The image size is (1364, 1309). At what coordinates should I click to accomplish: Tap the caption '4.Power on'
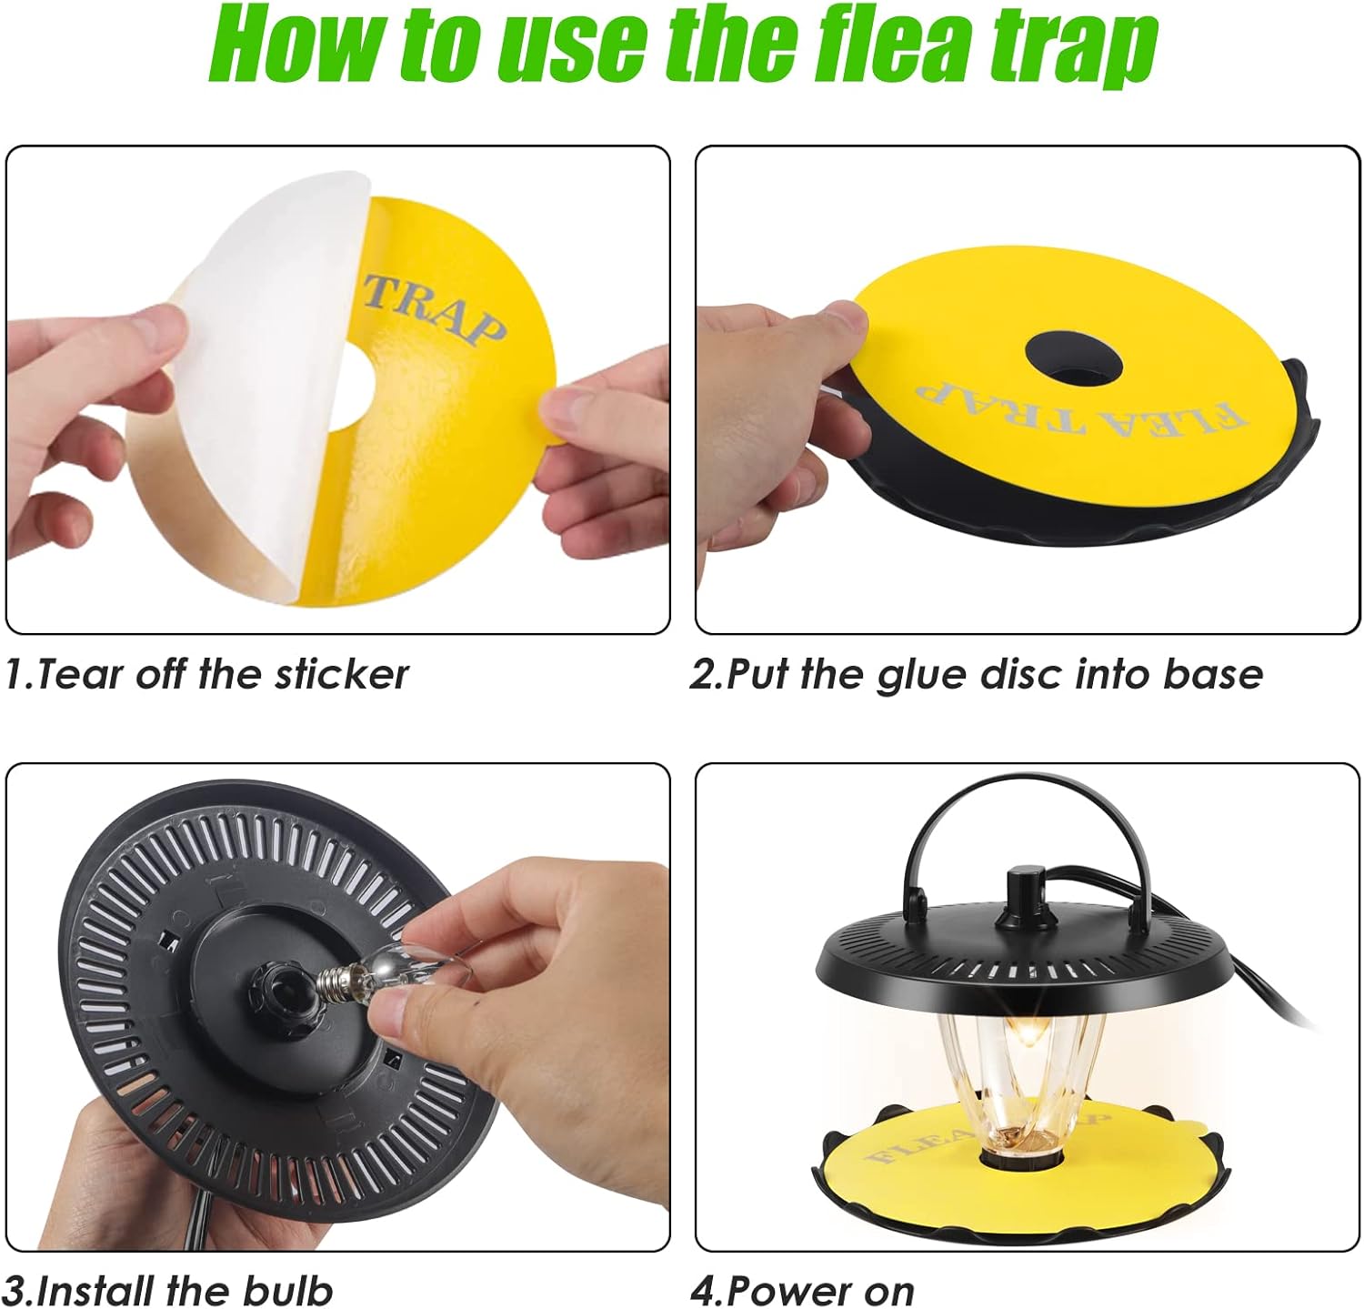click(x=802, y=1291)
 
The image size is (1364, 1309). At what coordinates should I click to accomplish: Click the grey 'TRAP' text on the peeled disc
click(x=435, y=309)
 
